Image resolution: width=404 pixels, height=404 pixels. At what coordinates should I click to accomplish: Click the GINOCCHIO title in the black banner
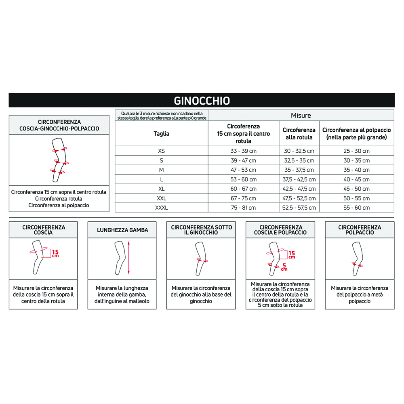coord(202,100)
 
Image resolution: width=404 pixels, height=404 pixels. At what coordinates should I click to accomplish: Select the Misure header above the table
coord(301,116)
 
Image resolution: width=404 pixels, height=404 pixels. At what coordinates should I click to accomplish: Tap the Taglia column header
coord(162,133)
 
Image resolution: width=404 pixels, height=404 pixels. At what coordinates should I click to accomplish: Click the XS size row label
coord(162,151)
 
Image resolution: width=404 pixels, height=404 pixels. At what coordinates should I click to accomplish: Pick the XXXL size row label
coord(162,208)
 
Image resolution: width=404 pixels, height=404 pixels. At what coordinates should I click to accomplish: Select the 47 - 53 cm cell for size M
coord(244,170)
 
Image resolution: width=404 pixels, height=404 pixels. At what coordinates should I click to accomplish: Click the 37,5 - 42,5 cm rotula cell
coord(299,179)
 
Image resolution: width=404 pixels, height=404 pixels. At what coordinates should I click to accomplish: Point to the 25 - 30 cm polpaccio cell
coord(356,151)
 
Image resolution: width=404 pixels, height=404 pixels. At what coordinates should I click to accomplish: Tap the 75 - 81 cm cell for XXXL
coord(244,208)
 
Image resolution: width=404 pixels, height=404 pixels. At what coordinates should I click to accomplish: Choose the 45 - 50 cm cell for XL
coord(356,189)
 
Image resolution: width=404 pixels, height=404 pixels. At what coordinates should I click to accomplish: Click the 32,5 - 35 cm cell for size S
coord(299,160)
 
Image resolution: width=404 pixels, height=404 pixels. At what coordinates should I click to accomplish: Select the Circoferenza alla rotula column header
coord(299,133)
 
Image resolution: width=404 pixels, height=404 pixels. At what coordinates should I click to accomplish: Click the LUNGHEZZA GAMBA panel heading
coord(122,230)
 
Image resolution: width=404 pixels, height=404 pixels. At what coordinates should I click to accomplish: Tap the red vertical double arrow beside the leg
coord(128,257)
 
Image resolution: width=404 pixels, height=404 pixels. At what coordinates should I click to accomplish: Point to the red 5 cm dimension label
coord(285,266)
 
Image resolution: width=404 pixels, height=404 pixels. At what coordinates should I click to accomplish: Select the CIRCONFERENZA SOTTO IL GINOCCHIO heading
coord(201,230)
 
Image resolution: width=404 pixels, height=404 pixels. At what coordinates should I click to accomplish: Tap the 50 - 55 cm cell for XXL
coord(356,198)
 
